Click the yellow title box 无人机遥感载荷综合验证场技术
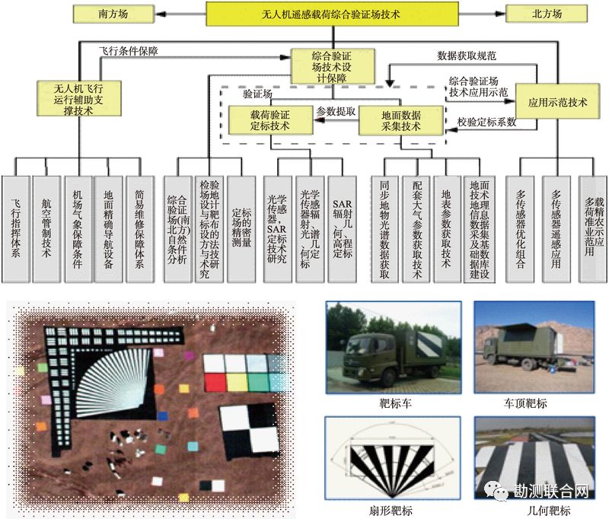tap(332, 14)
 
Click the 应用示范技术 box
tap(552, 102)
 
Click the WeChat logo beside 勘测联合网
tap(499, 492)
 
